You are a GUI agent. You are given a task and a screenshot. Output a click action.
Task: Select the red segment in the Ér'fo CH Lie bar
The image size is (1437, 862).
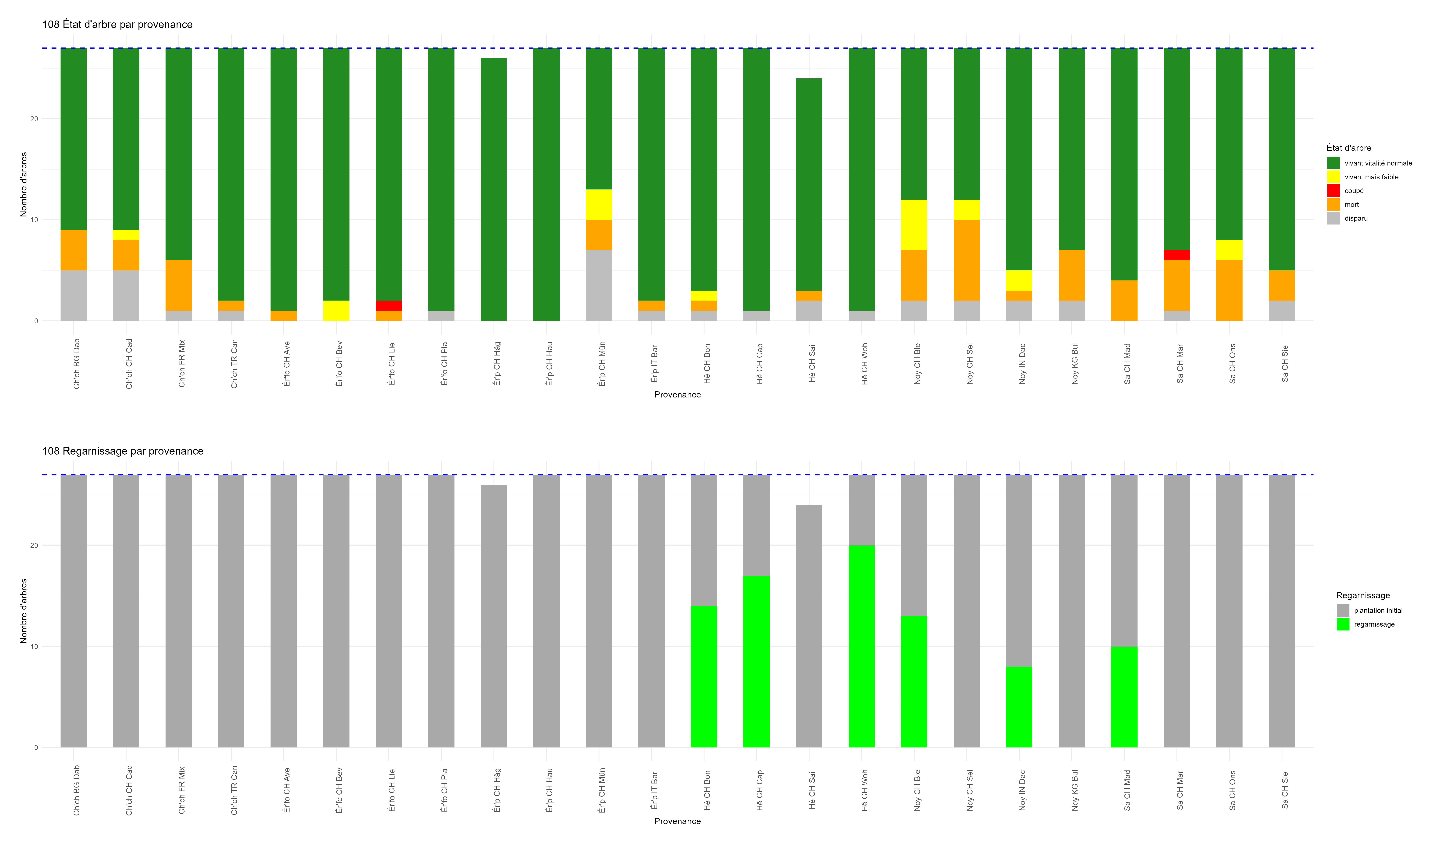(389, 306)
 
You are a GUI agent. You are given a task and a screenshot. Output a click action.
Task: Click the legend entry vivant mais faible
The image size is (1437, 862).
(1371, 177)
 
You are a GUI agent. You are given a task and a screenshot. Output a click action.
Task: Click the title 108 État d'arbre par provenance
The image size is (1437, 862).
(117, 24)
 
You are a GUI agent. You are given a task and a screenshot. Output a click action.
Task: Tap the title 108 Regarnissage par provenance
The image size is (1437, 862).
(123, 451)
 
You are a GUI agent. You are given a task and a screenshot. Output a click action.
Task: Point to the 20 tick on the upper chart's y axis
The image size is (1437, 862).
(34, 119)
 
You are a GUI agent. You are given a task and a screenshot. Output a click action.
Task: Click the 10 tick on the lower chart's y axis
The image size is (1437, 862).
(34, 646)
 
